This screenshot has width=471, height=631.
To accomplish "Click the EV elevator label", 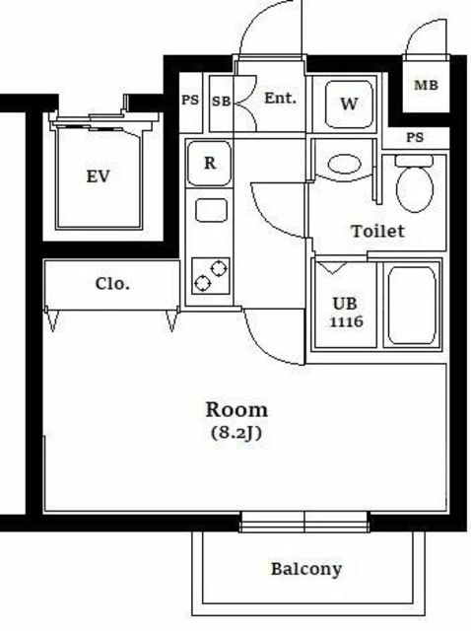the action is click(x=99, y=176).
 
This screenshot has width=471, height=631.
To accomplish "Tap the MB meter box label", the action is click(x=426, y=86).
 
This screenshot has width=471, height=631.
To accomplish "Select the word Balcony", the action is click(x=306, y=569).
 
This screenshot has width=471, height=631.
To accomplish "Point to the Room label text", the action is click(x=236, y=410).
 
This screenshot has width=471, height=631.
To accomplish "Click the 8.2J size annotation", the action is click(x=236, y=433).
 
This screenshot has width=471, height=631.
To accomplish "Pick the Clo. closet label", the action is click(x=112, y=284).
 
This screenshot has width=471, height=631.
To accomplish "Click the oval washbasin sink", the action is click(x=344, y=165).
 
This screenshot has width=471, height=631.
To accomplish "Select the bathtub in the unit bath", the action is click(x=412, y=306).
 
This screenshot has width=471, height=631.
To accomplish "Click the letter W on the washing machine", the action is click(x=349, y=104).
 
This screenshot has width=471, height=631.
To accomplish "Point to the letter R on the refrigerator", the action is click(x=210, y=163).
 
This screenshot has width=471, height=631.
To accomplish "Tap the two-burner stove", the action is click(x=211, y=276).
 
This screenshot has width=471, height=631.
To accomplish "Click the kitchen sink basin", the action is click(x=211, y=210).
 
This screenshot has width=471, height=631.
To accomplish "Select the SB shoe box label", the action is click(x=222, y=101).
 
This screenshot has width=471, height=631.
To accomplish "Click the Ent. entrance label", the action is click(x=281, y=98).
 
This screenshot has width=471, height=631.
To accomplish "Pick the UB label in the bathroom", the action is click(x=345, y=304).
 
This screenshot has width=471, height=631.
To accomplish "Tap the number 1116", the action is click(x=346, y=321).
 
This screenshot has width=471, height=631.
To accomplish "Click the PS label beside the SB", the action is click(x=190, y=100).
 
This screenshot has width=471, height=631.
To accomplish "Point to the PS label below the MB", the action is click(x=415, y=138).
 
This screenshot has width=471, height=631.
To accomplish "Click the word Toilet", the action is click(x=377, y=231).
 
